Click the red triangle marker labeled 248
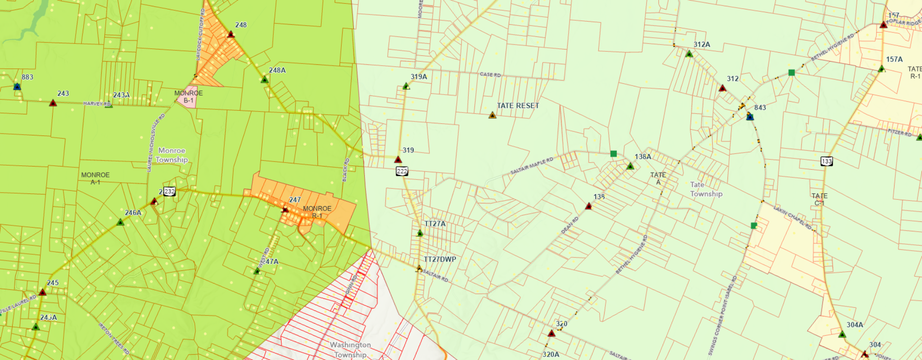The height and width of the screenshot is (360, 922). pyautogui.click(x=231, y=34)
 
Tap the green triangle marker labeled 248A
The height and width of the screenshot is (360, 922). pyautogui.click(x=265, y=80)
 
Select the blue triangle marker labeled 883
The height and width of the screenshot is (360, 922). pyautogui.click(x=17, y=86)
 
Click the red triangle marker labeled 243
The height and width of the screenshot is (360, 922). pyautogui.click(x=53, y=103)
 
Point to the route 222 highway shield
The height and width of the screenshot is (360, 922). pyautogui.click(x=402, y=171)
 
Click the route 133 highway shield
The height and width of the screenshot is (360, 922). pyautogui.click(x=827, y=161)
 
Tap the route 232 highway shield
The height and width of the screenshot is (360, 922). pyautogui.click(x=169, y=191)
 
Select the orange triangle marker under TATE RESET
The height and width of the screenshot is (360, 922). pyautogui.click(x=492, y=116)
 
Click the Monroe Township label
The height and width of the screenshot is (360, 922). pyautogui.click(x=172, y=155)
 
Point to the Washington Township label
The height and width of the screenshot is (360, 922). pyautogui.click(x=350, y=350)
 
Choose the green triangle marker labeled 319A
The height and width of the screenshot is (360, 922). pyautogui.click(x=406, y=86)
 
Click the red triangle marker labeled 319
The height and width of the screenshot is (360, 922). pyautogui.click(x=398, y=159)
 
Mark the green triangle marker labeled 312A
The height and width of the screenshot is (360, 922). pyautogui.click(x=689, y=54)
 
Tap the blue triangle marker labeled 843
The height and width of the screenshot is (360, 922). pyautogui.click(x=750, y=117)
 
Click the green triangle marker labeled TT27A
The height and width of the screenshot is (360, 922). pyautogui.click(x=420, y=233)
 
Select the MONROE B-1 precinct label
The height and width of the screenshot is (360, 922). pyautogui.click(x=189, y=97)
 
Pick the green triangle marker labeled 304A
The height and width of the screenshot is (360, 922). pyautogui.click(x=842, y=334)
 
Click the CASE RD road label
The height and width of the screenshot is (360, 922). pyautogui.click(x=490, y=74)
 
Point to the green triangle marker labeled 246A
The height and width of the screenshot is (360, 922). pyautogui.click(x=120, y=222)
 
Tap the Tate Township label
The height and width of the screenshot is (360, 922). pyautogui.click(x=706, y=189)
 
